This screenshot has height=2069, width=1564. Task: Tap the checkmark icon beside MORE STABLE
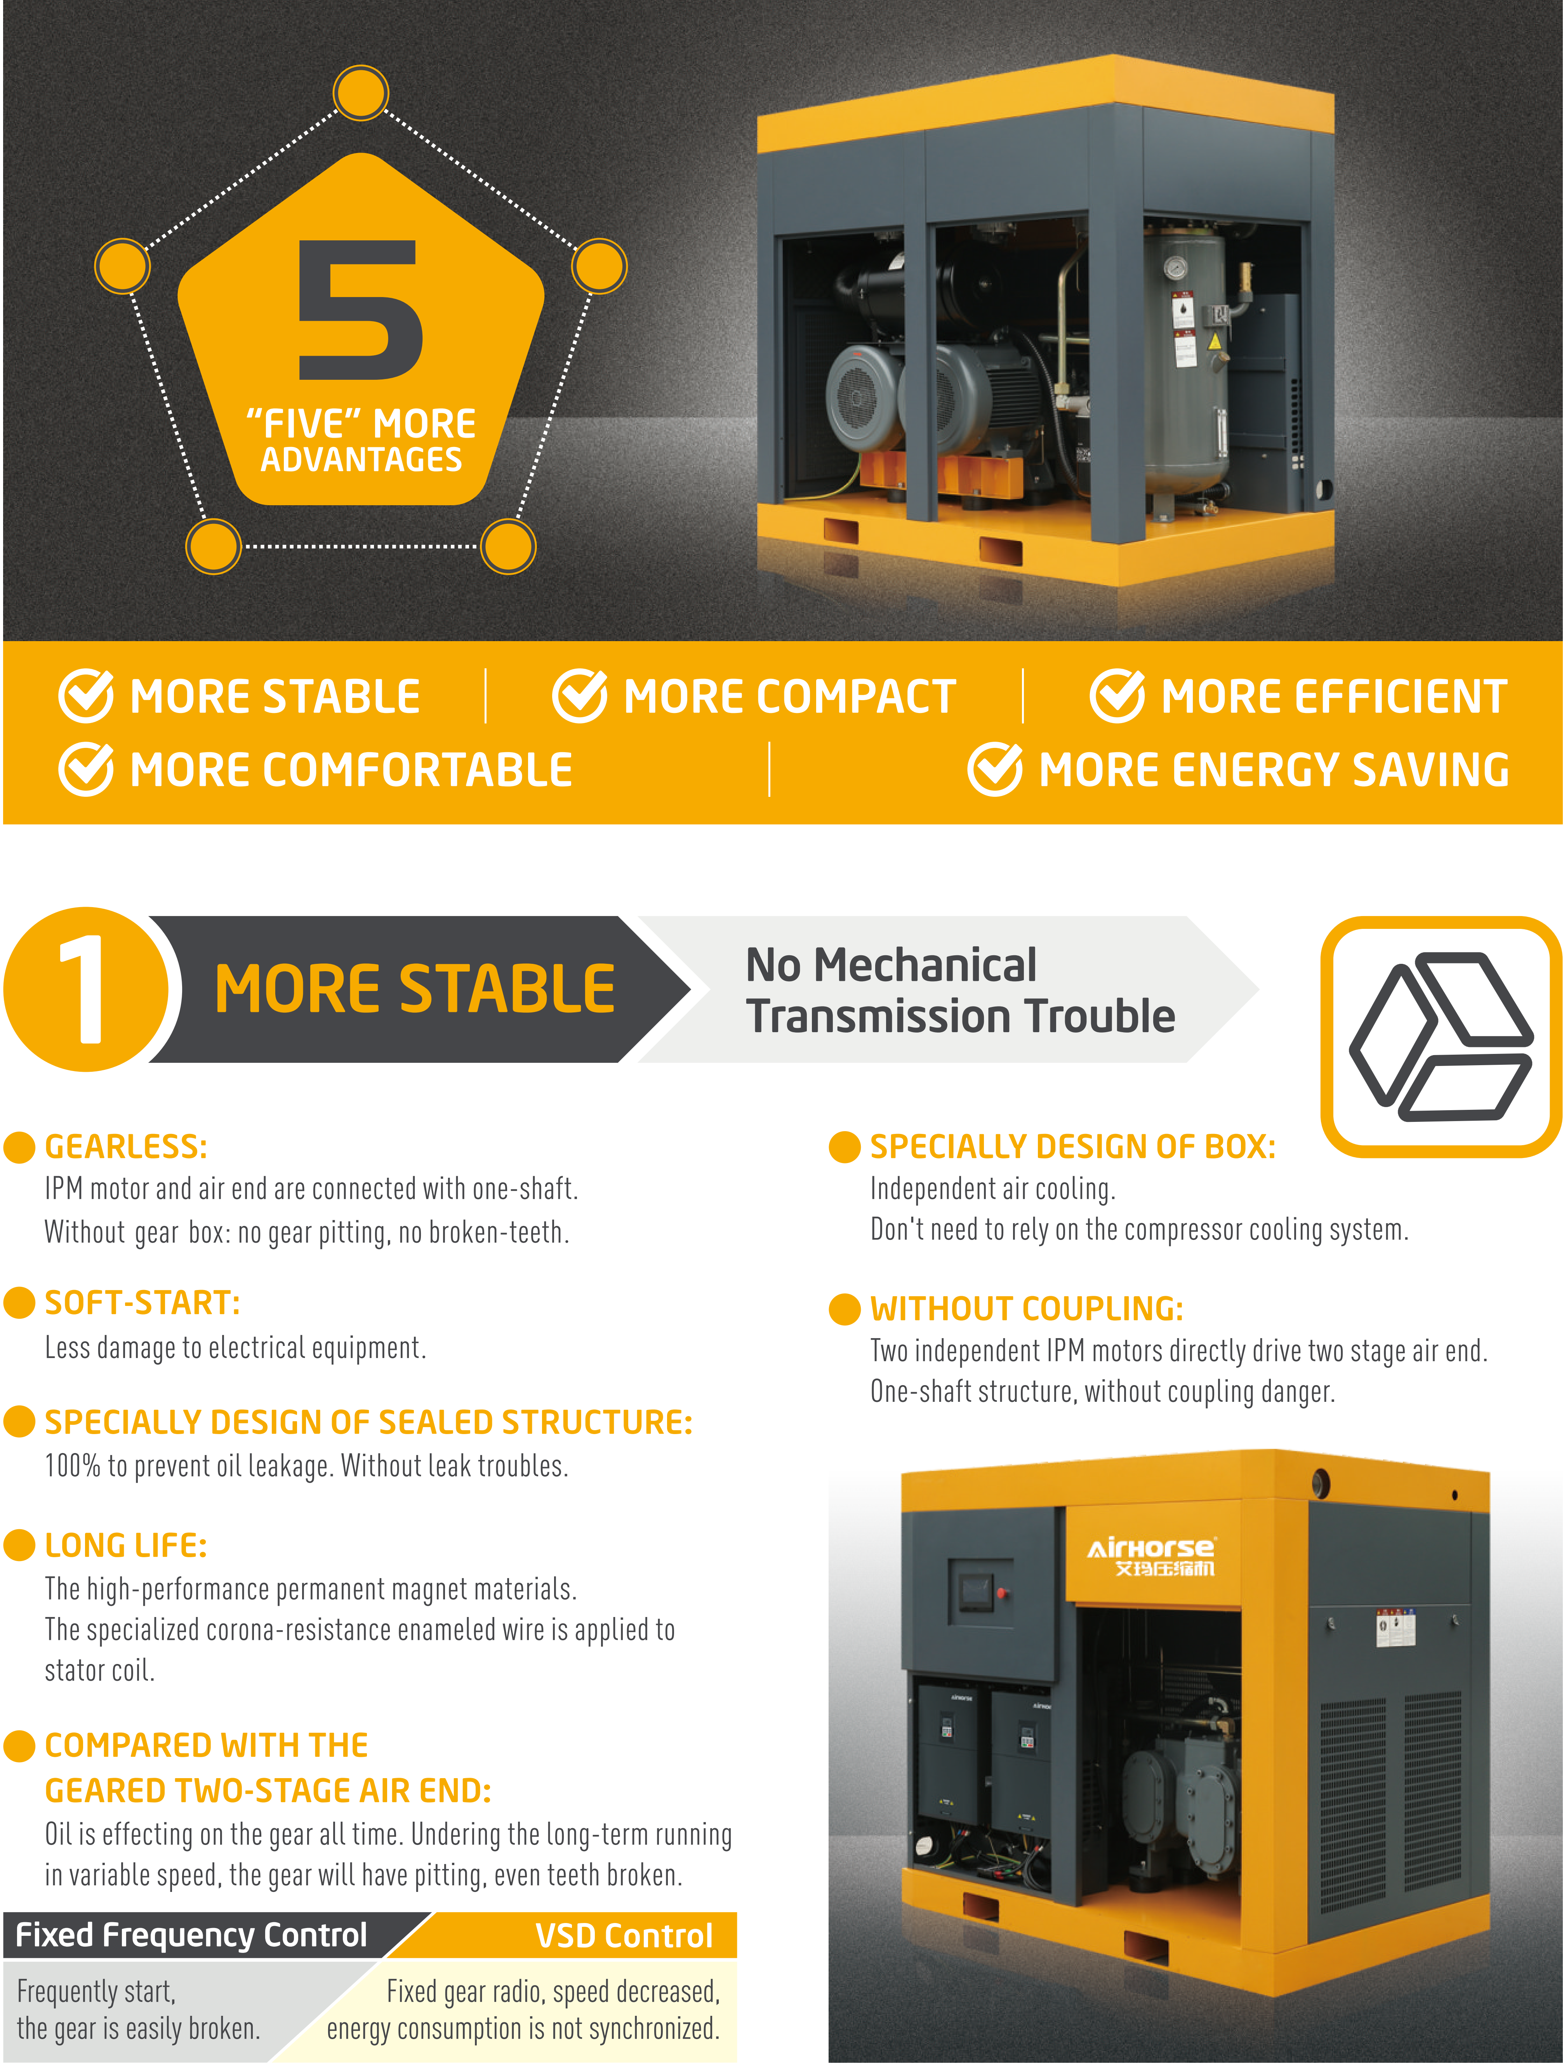tap(86, 696)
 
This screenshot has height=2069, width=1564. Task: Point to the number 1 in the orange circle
tap(84, 989)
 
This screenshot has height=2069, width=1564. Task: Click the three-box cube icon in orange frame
tap(1441, 1036)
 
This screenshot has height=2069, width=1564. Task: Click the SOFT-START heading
tap(142, 1303)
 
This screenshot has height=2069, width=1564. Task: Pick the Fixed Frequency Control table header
tap(192, 1934)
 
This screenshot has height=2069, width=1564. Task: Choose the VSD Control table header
tap(624, 1935)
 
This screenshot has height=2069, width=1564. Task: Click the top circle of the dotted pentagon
tap(361, 94)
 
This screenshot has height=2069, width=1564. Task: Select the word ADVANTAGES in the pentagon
tap(361, 459)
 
